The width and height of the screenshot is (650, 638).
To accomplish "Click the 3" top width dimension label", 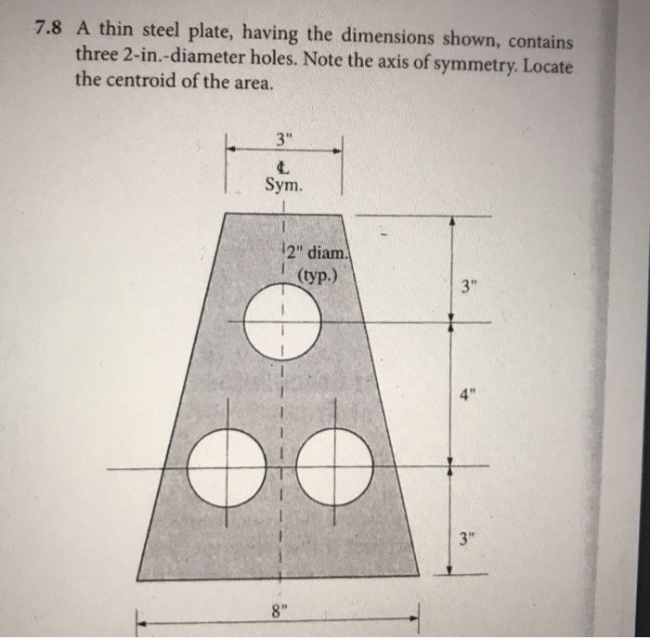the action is click(x=283, y=141).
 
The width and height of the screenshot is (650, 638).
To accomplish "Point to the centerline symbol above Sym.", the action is click(x=284, y=166).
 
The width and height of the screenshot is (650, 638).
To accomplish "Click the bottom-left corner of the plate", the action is click(x=137, y=579).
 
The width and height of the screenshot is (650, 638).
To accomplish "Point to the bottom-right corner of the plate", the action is click(x=420, y=579).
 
